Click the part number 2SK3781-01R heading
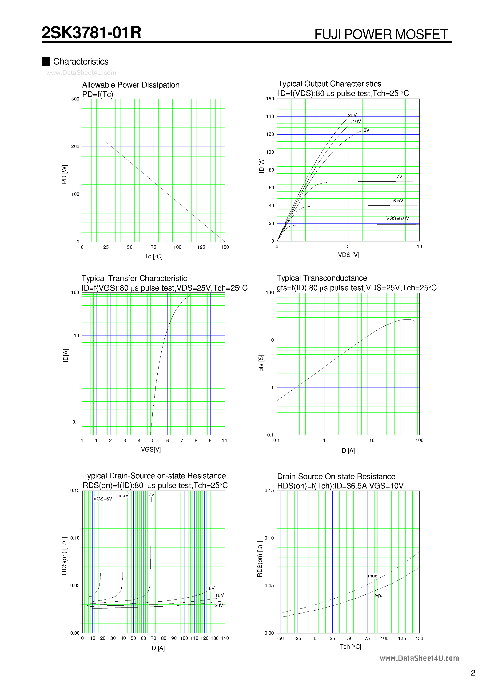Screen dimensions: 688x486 coord(91,33)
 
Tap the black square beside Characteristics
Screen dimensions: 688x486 coord(46,61)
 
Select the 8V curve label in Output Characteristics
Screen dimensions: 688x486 coord(366,130)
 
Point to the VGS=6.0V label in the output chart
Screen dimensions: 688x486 coord(398,218)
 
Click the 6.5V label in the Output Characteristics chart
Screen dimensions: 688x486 coord(398,201)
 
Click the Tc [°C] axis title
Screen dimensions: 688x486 coord(153,256)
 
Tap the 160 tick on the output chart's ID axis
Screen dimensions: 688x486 coord(270,99)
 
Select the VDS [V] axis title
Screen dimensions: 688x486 coord(348,255)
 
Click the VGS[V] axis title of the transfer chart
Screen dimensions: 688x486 coord(151,449)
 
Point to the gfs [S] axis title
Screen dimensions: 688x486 coord(261,363)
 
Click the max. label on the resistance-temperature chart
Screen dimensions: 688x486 coord(373,576)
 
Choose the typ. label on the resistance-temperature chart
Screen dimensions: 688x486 coord(378,595)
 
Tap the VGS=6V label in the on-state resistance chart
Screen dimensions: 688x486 coord(103,499)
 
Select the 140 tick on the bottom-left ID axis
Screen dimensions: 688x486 coord(225,638)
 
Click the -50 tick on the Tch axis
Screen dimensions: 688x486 coord(280,639)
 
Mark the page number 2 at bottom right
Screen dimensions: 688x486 coord(473,673)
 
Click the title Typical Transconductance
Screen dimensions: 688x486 coord(322,278)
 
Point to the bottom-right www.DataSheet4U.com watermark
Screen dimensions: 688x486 coord(419,658)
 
